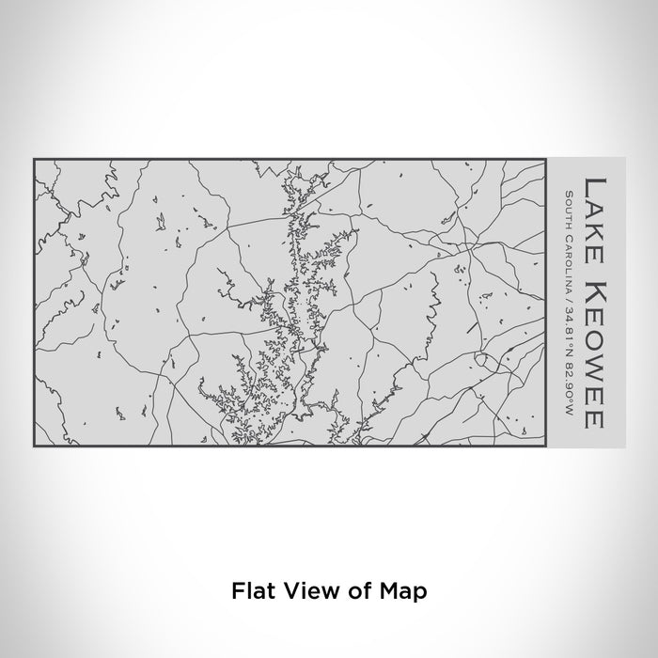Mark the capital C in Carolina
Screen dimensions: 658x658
(x=570, y=234)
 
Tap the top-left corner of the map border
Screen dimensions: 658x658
(x=34, y=159)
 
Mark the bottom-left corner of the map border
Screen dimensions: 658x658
(x=34, y=446)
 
